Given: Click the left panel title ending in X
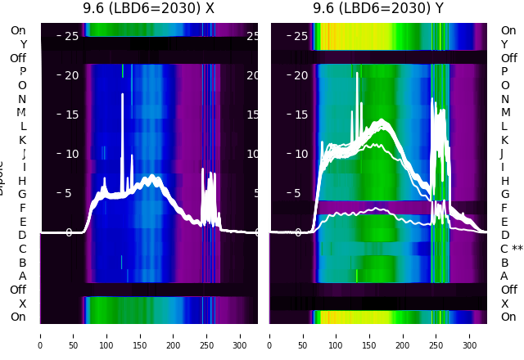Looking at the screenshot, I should coord(148,9).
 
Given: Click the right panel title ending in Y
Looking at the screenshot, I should coord(378,9).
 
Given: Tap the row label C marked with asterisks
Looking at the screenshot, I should coord(511,249).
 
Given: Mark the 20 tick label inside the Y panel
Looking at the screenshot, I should coord(300,75).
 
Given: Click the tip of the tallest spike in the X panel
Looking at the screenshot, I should coord(122,95).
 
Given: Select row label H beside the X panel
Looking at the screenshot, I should coord(22,181).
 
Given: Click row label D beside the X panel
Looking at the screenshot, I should coord(22,236).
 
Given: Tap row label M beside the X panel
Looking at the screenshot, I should coord(22,113).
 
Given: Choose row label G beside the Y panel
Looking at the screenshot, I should coord(504,195).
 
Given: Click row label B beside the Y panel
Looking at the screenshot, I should coord(504,263).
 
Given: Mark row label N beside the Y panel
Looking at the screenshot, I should coord(504,99).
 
